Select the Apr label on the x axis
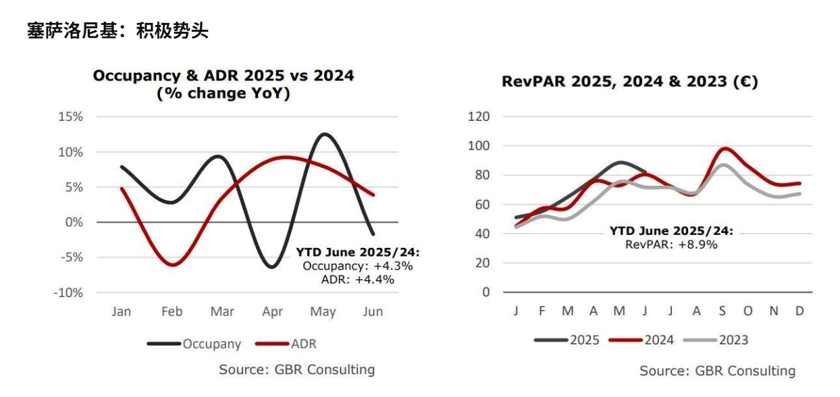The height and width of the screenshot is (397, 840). pyautogui.click(x=272, y=312)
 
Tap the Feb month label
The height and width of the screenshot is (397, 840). pyautogui.click(x=172, y=312)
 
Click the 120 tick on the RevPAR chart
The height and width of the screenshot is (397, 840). pyautogui.click(x=478, y=117)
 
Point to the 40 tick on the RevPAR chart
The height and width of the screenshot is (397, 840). pyautogui.click(x=481, y=234)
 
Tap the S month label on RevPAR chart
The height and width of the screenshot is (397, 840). pyautogui.click(x=723, y=311)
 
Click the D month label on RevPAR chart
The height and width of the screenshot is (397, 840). pyautogui.click(x=799, y=311)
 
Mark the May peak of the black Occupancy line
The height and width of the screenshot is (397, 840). pyautogui.click(x=325, y=134)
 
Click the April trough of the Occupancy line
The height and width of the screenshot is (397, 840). pyautogui.click(x=271, y=267)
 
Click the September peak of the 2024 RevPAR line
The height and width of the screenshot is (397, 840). pyautogui.click(x=725, y=148)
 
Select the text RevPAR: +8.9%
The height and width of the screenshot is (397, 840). pyautogui.click(x=671, y=244)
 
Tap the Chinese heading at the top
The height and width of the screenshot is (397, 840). pyautogui.click(x=117, y=30)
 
